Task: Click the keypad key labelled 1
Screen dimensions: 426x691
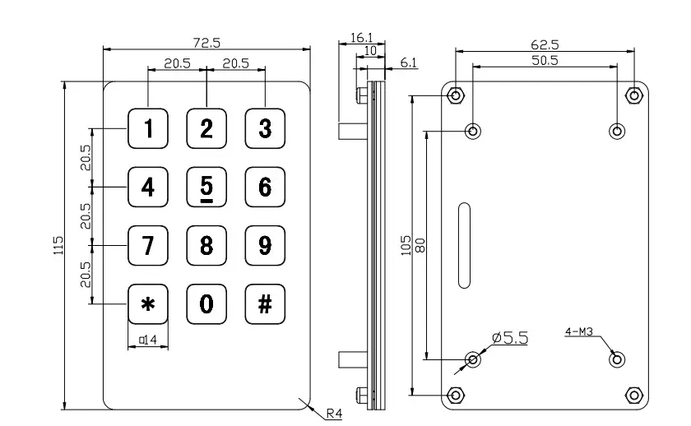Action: pos(148,128)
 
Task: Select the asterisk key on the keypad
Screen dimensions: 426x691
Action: pos(148,303)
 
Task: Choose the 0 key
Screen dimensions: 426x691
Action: pos(206,303)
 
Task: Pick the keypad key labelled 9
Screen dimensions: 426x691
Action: pos(265,245)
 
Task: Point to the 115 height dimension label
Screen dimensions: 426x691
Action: pos(57,245)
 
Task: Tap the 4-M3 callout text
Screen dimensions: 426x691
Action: pos(579,332)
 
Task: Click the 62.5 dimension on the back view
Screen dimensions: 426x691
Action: pos(544,44)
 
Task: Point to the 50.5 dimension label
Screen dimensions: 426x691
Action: pos(544,60)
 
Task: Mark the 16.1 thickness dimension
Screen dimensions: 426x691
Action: pos(362,37)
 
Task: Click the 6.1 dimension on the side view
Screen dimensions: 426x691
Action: pos(408,63)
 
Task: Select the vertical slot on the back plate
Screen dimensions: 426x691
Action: pos(464,245)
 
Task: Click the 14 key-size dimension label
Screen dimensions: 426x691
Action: pos(149,339)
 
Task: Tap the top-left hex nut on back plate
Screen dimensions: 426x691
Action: pos(456,95)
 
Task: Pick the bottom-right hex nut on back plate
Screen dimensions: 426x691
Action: pos(633,396)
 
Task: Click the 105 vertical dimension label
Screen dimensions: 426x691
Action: pos(406,245)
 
